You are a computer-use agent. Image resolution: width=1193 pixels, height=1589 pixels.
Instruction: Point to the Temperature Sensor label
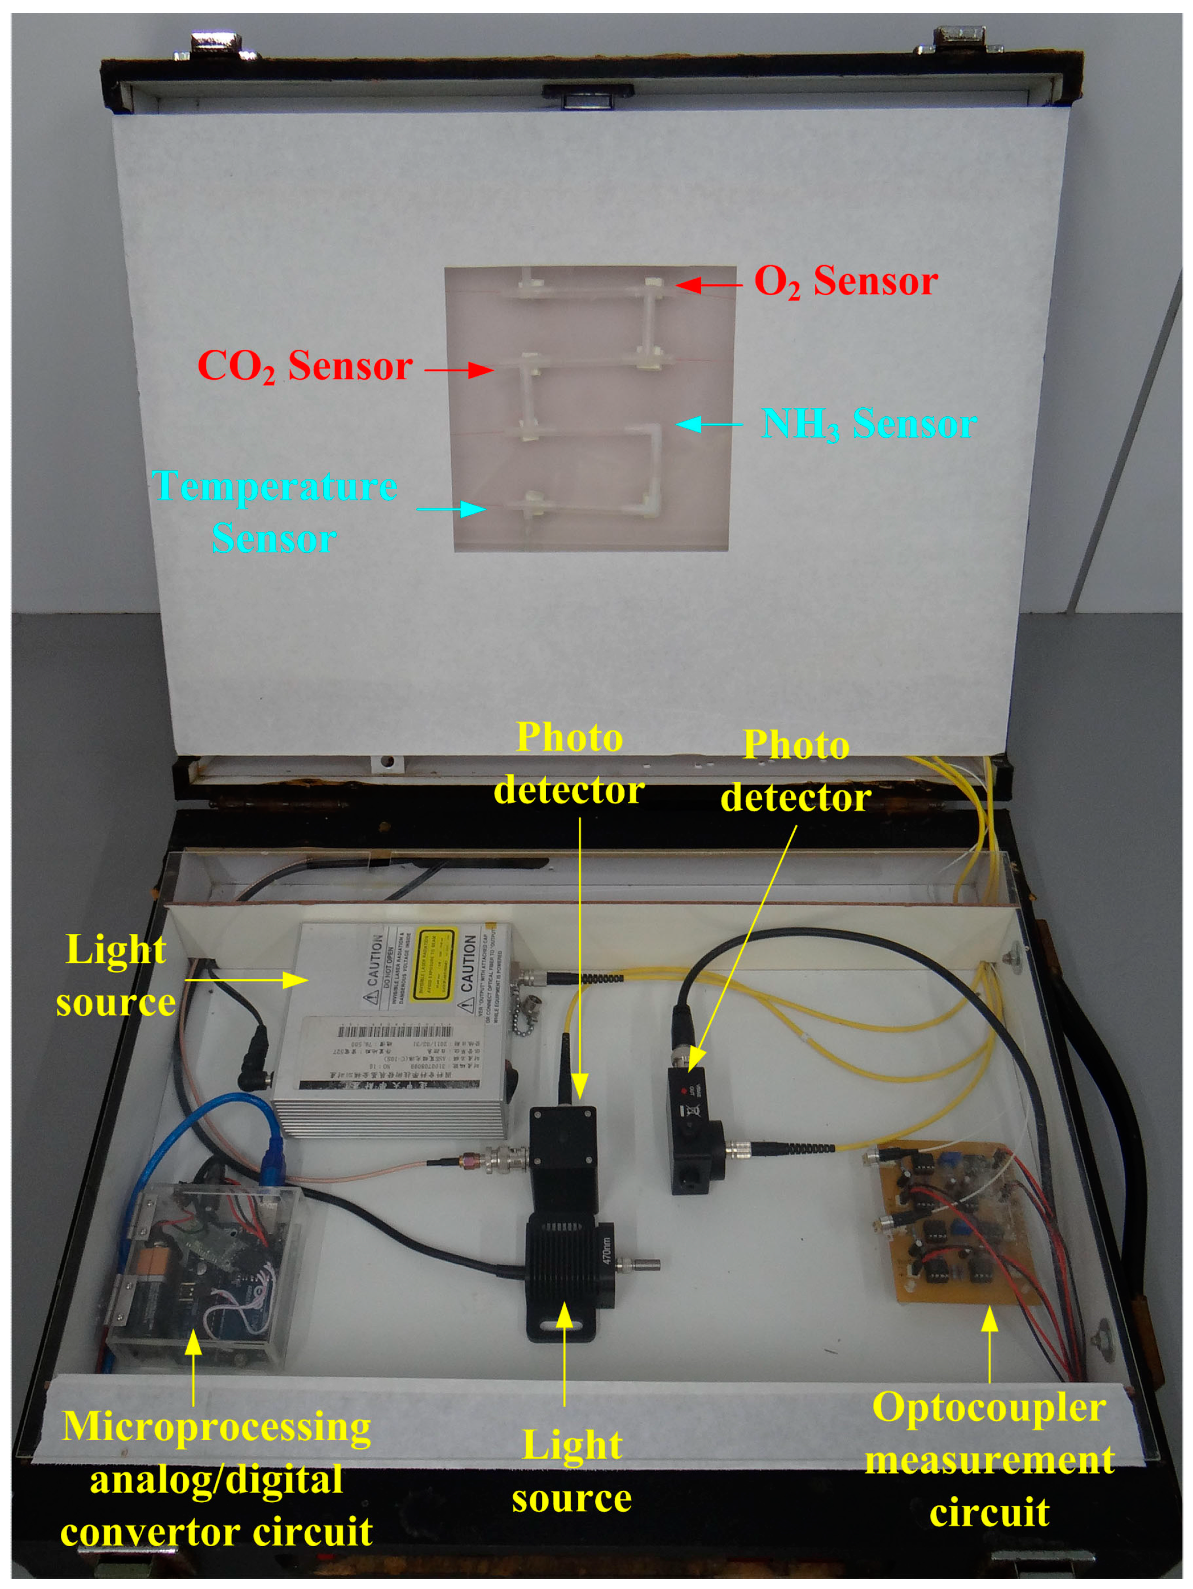274,512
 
